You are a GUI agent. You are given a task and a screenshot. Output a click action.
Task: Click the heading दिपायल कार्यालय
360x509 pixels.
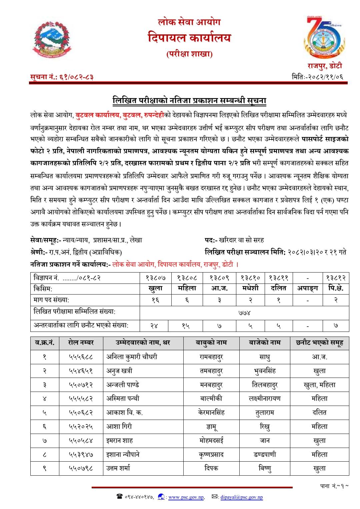[189, 38]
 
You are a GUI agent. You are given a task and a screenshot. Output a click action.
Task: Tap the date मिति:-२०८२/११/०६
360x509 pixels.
[317, 77]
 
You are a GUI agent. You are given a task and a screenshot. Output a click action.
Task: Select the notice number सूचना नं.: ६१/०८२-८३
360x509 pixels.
[62, 77]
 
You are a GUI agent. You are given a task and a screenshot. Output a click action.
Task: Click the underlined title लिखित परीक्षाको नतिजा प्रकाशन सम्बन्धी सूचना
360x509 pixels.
[189, 100]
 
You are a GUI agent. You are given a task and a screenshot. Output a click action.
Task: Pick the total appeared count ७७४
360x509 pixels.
[244, 313]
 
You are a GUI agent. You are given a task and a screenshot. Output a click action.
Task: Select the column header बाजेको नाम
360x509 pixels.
[265, 343]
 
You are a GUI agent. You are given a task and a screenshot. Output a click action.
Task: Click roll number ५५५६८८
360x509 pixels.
[81, 357]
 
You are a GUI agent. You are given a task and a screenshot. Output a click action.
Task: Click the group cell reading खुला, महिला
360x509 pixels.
[319, 385]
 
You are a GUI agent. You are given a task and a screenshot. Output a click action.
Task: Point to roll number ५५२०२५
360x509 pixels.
[81, 426]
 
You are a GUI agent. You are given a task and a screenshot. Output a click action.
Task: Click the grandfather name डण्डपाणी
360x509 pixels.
[265, 454]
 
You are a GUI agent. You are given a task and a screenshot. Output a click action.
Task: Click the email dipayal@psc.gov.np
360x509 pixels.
[241, 497]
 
